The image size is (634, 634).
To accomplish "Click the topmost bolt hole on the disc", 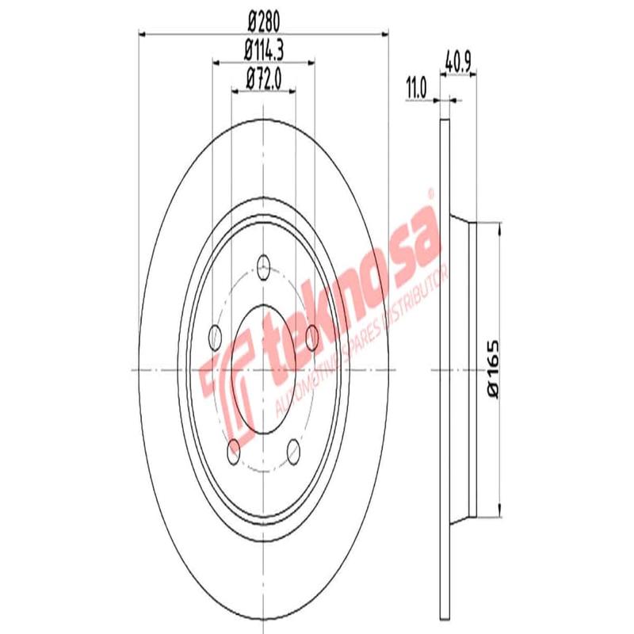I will point(263,268).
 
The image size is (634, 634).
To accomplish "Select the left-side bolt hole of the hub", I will point(214,336).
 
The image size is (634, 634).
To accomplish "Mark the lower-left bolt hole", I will point(233,452).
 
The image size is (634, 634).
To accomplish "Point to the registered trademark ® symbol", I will point(430,193).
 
